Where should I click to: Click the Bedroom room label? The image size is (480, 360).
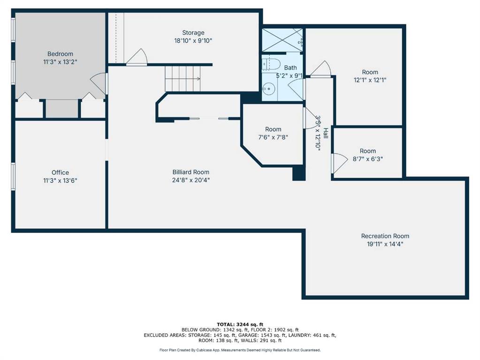tap(60, 54)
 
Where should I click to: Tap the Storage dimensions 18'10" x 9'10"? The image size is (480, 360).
tap(193, 41)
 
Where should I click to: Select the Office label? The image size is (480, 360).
tap(60, 172)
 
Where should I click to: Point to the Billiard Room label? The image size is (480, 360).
tap(190, 172)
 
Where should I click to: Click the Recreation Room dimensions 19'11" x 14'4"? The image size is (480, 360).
tap(385, 244)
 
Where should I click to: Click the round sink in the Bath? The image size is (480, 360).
tap(268, 89)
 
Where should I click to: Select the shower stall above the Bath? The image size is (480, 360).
tap(282, 40)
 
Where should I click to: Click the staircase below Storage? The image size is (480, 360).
tap(183, 79)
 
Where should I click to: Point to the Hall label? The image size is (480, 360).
tap(326, 133)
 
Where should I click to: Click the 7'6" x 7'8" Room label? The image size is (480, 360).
tap(273, 129)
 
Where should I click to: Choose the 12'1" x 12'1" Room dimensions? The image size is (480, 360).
tap(370, 80)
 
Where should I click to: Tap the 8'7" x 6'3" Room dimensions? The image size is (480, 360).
tap(368, 159)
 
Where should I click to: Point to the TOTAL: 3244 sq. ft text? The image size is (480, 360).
tap(240, 324)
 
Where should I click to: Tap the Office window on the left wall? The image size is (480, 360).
tap(13, 176)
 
